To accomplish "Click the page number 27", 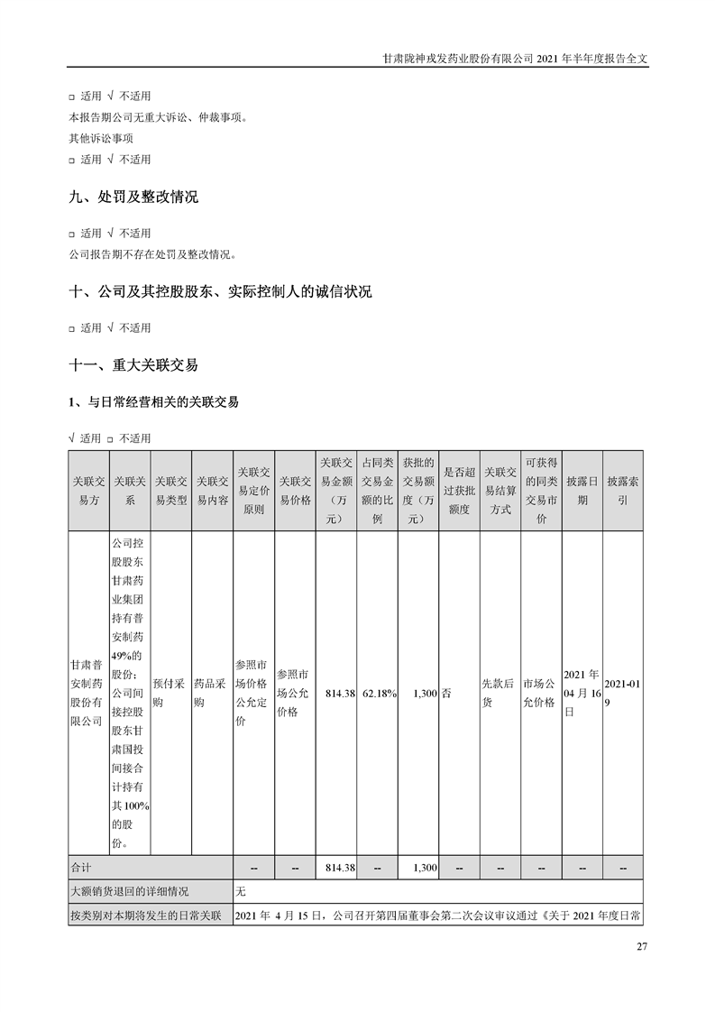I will pyautogui.click(x=642, y=946).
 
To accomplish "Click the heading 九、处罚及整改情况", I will pyautogui.click(x=133, y=198).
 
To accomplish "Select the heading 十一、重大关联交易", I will pyautogui.click(x=133, y=365).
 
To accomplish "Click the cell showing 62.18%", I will pyautogui.click(x=379, y=693).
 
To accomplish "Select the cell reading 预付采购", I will pyautogui.click(x=170, y=693).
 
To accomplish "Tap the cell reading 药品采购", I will pyautogui.click(x=212, y=693).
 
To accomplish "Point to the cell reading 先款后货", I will pyautogui.click(x=500, y=693).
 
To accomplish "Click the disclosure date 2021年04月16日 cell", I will pyautogui.click(x=581, y=693).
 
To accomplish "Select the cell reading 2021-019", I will pyautogui.click(x=621, y=693).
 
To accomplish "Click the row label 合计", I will pyautogui.click(x=82, y=867).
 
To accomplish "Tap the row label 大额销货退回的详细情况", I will pyautogui.click(x=132, y=891).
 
